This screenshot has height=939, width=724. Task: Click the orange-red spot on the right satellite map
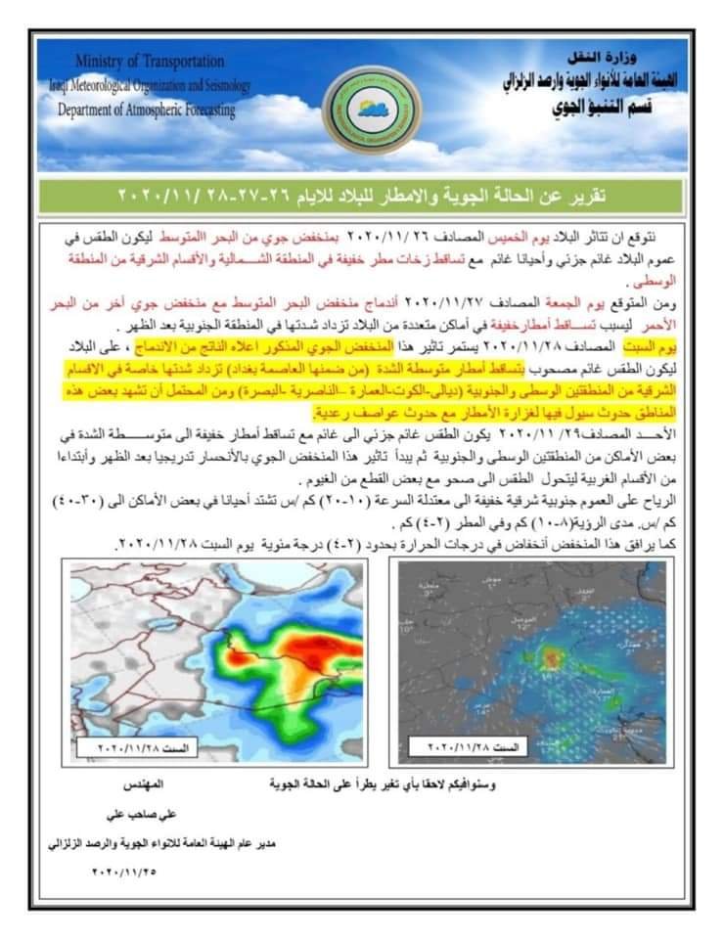click(x=554, y=658)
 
